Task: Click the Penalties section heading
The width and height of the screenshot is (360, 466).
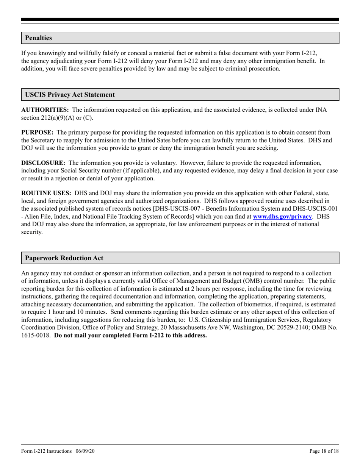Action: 38,38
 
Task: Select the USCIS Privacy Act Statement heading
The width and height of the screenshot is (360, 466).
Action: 70,95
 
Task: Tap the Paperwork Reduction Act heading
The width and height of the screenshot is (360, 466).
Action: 64,258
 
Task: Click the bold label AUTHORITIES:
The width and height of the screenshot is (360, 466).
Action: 45,110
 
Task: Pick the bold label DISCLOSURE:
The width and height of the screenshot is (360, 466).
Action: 43,163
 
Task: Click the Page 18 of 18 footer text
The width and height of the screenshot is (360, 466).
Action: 324,451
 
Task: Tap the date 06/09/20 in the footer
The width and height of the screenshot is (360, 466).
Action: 85,451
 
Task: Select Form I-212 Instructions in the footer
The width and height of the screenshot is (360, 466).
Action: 47,451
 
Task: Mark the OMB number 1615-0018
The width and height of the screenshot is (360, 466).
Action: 35,335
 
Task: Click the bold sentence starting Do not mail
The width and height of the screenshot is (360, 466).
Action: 130,335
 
